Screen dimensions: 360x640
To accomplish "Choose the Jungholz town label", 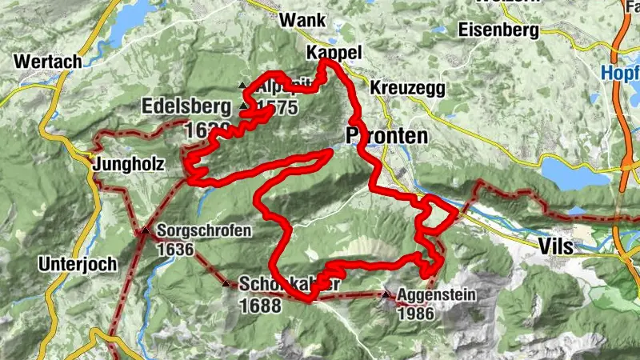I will [x=129, y=165].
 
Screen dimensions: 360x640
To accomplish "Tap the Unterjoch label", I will [x=77, y=263].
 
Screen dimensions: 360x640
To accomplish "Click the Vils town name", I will [x=556, y=246].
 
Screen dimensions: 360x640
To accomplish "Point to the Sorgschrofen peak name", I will [x=205, y=231].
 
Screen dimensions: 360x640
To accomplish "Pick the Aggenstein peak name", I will [x=436, y=295].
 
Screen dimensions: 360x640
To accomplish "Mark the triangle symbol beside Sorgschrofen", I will [x=146, y=232].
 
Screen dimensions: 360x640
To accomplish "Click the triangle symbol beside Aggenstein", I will [x=387, y=295].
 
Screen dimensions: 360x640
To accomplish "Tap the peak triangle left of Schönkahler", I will [x=226, y=283].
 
